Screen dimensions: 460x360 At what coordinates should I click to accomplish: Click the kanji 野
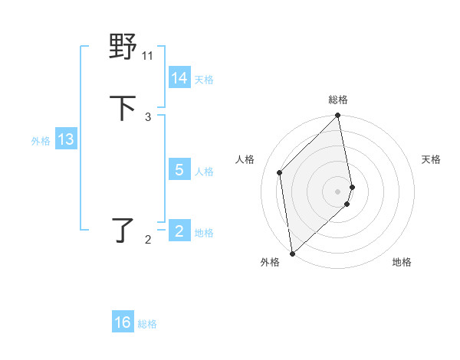[x=123, y=47]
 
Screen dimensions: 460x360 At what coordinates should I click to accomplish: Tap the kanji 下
[x=123, y=108]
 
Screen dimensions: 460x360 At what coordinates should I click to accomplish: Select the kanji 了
[x=123, y=229]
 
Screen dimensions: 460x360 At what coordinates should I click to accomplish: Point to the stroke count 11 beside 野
[x=148, y=55]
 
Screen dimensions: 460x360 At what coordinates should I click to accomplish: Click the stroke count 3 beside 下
[x=148, y=116]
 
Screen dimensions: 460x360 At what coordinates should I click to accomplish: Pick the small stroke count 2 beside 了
[x=148, y=240]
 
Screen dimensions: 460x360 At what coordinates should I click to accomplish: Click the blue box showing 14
[x=179, y=78]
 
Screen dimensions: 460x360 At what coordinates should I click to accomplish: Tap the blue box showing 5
[x=179, y=170]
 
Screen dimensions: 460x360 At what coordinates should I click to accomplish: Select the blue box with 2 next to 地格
[x=179, y=231]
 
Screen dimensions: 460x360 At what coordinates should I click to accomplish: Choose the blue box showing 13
[x=66, y=139]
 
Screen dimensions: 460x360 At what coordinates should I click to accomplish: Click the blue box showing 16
[x=123, y=322]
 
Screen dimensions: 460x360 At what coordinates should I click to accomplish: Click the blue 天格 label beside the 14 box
[x=204, y=80]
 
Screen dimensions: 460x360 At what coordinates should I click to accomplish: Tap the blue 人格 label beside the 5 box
[x=204, y=172]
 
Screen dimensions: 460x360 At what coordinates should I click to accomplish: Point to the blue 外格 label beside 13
[x=41, y=141]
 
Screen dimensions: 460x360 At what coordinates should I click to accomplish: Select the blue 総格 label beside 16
[x=147, y=324]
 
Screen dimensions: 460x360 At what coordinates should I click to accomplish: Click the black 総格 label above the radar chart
[x=338, y=100]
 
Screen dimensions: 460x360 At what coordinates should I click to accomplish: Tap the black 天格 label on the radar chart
[x=431, y=159]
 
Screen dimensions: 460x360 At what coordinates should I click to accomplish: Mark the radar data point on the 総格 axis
[x=338, y=116]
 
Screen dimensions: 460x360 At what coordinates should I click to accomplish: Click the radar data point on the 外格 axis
[x=292, y=253]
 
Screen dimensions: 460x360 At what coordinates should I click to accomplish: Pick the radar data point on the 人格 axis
[x=280, y=172]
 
